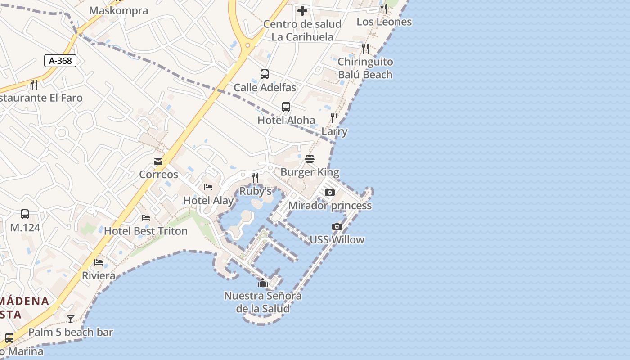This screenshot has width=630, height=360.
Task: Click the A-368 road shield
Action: tap(60, 61)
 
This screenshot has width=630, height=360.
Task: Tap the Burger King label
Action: tap(310, 172)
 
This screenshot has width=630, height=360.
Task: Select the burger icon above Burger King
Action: tap(309, 159)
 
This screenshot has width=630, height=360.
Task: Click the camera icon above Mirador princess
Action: tap(330, 193)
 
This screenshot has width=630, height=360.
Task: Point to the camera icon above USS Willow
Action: tap(337, 226)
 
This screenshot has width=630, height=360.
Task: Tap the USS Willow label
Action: tap(337, 239)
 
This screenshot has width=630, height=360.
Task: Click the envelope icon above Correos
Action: tap(158, 162)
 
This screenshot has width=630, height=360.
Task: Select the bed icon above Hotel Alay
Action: tap(208, 187)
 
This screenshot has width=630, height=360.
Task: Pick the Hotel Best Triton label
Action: tap(146, 231)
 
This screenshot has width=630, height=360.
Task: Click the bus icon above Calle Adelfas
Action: tap(265, 74)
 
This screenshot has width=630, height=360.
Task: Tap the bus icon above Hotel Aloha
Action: tap(286, 107)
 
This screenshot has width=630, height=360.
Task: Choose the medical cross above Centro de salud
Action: tap(302, 11)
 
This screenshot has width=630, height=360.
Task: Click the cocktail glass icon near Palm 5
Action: tap(71, 319)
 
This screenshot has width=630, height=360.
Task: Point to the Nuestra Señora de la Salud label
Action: tap(263, 302)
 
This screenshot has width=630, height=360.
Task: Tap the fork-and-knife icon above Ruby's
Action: tap(255, 178)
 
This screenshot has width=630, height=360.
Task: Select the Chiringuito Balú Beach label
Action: tap(365, 68)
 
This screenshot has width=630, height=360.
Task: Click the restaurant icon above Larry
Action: tap(334, 118)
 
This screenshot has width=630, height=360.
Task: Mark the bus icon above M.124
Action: tap(25, 214)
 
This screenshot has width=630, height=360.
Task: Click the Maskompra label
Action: tap(118, 10)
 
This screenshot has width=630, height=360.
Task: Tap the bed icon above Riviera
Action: tap(99, 262)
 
